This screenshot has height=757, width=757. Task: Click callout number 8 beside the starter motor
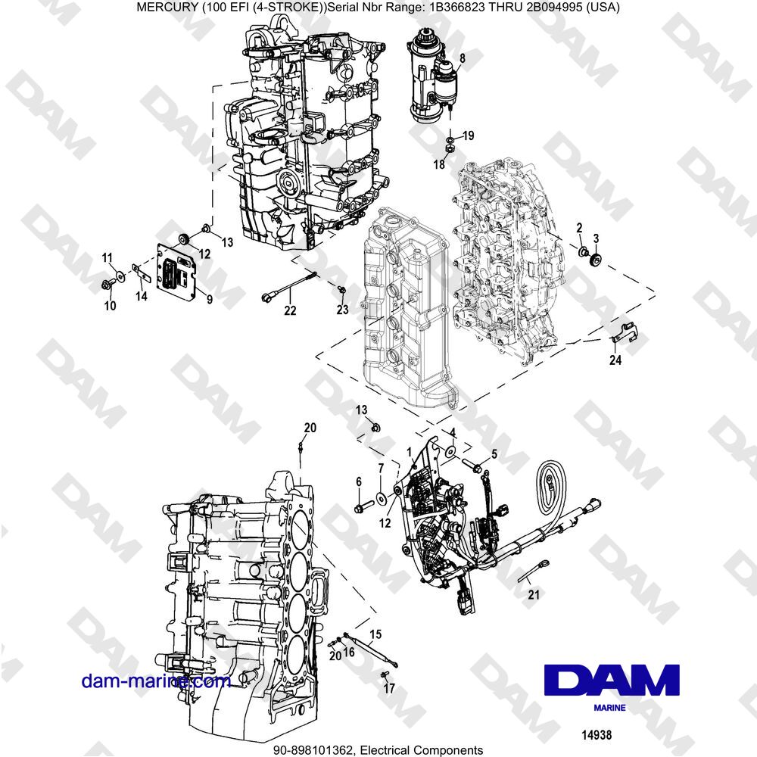463,58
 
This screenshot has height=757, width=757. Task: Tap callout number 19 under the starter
469,136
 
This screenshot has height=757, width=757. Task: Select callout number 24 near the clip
615,361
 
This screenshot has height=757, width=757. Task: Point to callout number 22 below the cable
291,310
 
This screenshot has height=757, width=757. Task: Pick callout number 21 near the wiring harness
534,595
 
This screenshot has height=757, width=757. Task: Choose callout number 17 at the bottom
389,689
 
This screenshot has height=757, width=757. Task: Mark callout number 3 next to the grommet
596,239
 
